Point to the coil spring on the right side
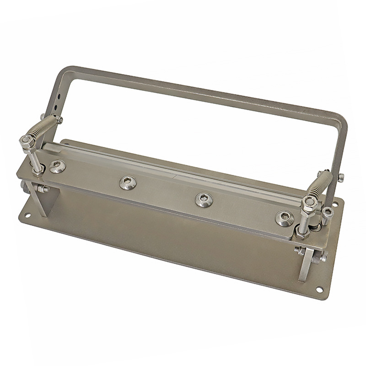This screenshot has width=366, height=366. (320, 185)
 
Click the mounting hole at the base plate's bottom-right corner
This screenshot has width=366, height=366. (319, 289)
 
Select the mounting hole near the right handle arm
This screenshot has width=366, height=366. (339, 204)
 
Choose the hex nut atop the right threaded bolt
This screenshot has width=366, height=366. (307, 202)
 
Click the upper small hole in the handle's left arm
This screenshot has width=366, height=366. (57, 97)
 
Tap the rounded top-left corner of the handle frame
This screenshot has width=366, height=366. (64, 73)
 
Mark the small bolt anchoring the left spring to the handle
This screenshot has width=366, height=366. (60, 119)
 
